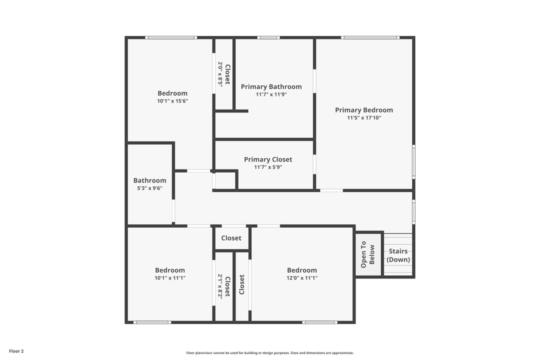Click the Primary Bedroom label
point(364,110)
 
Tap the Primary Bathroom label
point(271,86)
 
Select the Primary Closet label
point(268,159)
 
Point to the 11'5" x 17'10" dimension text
point(364,118)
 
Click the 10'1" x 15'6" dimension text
point(172,101)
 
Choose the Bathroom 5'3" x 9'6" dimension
point(149,188)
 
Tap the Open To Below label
point(367,254)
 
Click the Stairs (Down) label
point(398,255)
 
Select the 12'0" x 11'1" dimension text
point(302,278)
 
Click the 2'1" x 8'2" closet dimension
point(220,286)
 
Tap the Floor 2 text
point(16,351)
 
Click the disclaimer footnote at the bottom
point(270,353)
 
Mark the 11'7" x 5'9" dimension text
point(268,167)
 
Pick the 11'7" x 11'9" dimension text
point(271,94)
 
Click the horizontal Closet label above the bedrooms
point(231,238)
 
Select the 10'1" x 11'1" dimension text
point(170,278)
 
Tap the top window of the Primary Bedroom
point(370,37)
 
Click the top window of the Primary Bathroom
point(268,37)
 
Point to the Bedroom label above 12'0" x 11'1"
point(302,270)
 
